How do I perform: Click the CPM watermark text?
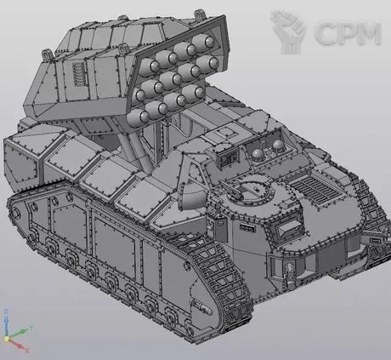348,32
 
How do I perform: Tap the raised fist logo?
289,31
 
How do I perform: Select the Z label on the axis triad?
5,311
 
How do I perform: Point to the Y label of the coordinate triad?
31,328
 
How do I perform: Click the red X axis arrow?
16,344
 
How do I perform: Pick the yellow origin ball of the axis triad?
6,339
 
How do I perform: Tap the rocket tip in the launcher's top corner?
209,42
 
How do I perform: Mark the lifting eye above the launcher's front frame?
200,14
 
